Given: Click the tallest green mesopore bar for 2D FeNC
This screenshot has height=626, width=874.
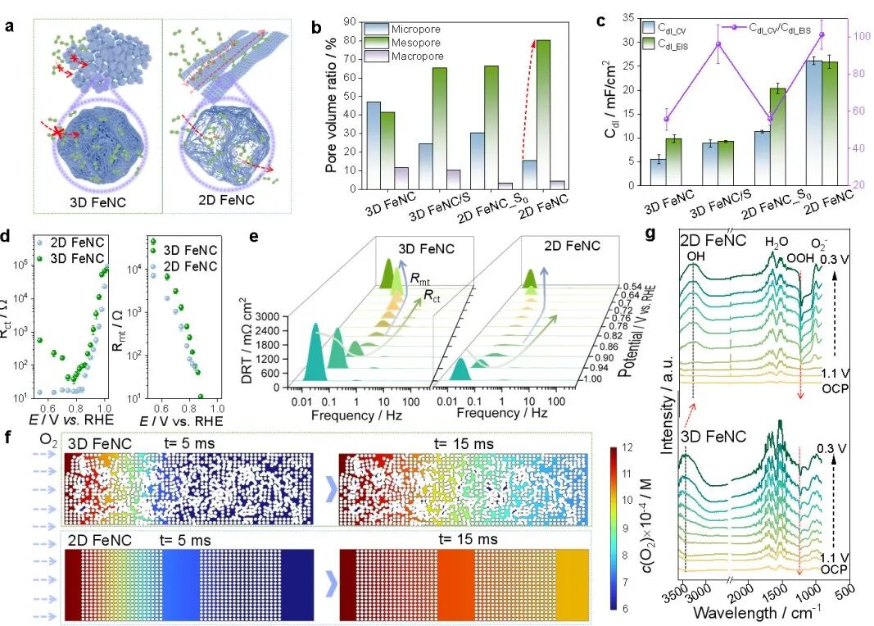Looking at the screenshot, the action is (542, 114).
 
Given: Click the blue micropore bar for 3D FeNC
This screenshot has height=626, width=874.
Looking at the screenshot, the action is (374, 146).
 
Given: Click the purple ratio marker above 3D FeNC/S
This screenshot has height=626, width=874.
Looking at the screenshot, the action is (718, 44).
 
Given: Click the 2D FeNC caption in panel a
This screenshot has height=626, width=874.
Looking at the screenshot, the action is (226, 199).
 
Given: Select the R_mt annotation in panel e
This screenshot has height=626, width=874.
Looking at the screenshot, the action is (420, 278).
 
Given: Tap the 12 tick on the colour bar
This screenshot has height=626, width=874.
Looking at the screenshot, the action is (627, 447).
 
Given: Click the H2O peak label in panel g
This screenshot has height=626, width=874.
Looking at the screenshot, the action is (777, 242).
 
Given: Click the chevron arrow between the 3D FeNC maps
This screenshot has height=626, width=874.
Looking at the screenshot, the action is (333, 488).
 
